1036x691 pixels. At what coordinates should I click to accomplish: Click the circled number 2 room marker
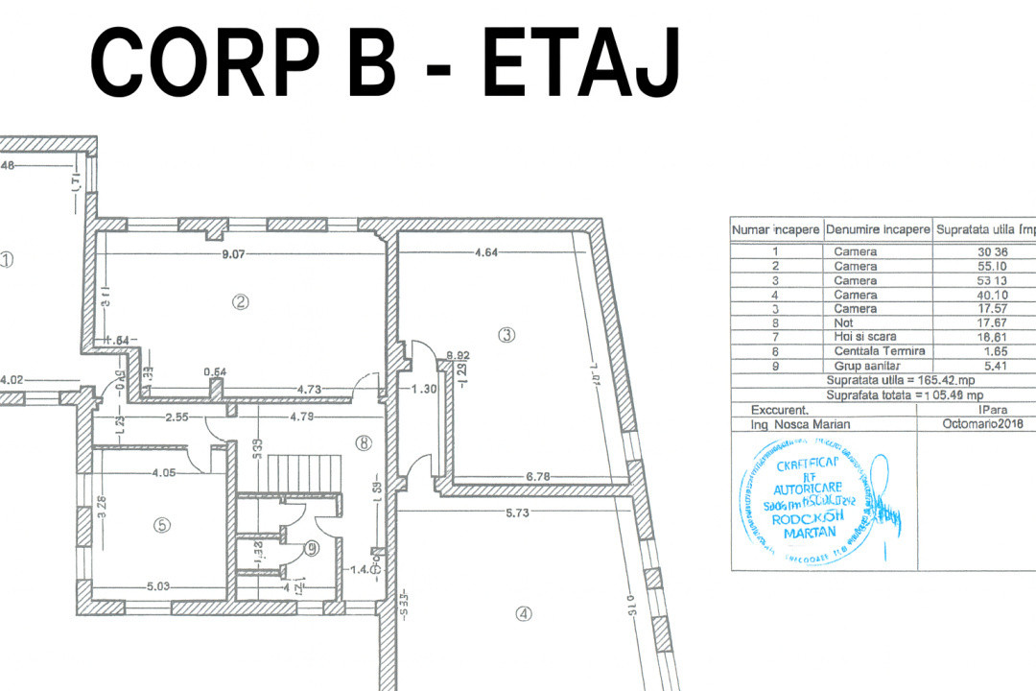tap(241, 301)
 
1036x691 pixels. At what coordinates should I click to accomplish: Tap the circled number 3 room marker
tap(506, 335)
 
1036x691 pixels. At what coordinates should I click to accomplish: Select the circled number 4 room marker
tap(523, 615)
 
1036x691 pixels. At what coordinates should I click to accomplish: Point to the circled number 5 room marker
tap(162, 525)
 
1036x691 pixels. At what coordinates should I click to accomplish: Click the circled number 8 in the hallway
tap(362, 443)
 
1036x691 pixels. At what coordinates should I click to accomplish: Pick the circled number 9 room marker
tap(311, 548)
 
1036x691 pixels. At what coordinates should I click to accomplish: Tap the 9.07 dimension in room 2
tap(236, 255)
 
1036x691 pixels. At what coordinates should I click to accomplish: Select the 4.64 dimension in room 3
tap(485, 254)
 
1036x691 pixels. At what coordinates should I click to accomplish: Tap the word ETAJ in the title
tap(582, 61)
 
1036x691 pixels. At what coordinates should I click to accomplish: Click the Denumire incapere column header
tap(878, 230)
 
